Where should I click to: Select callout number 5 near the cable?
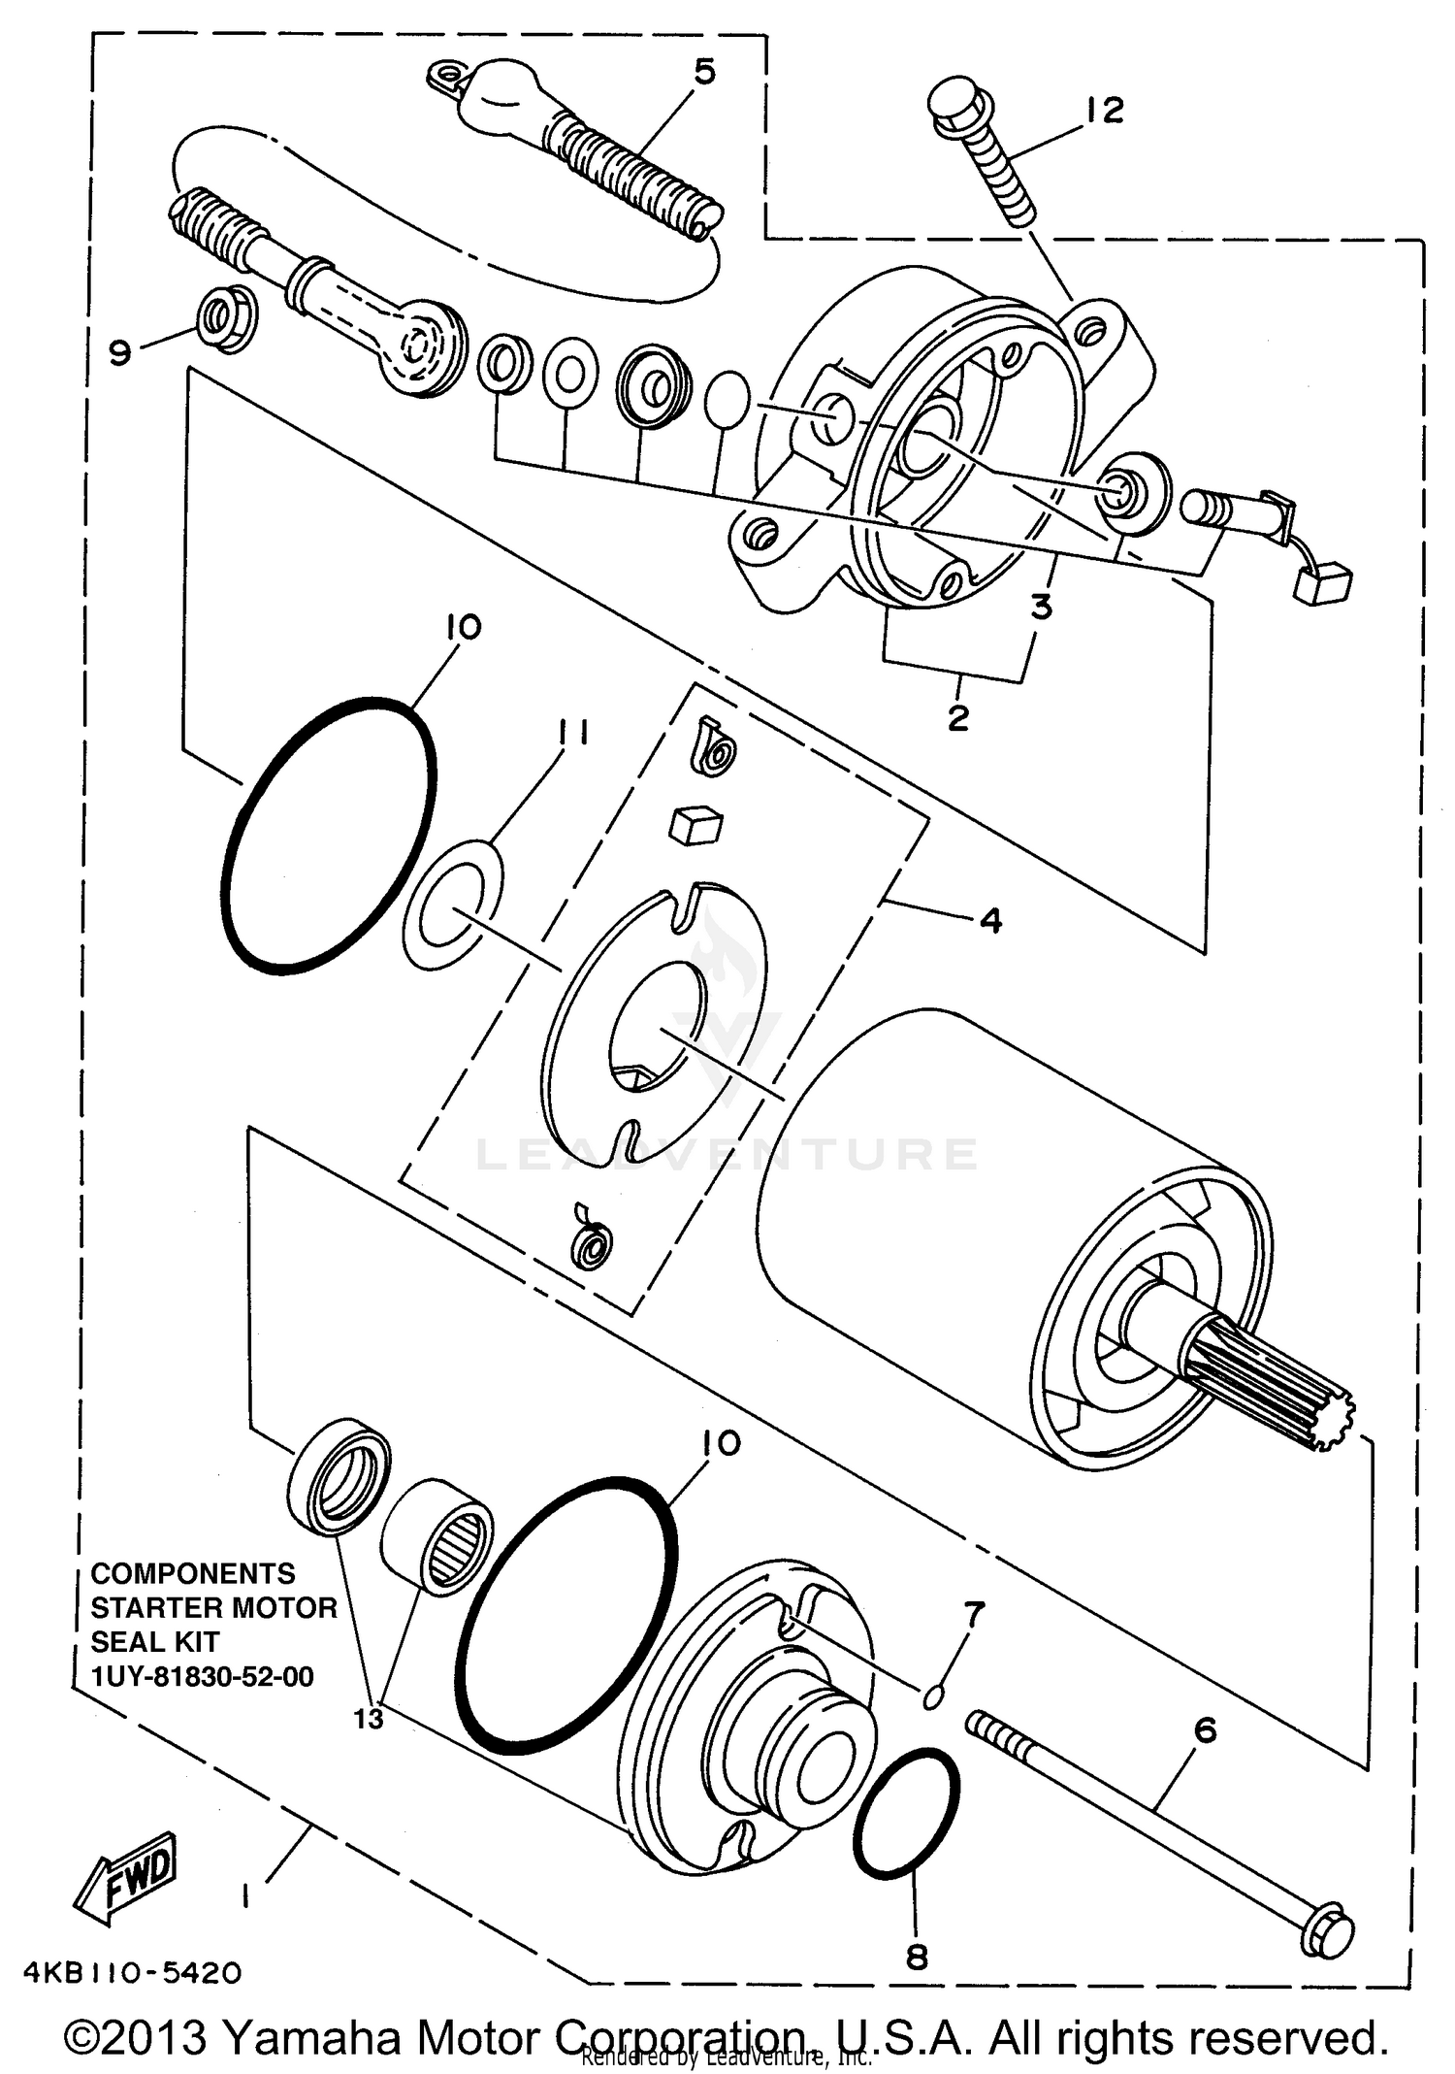point(704,72)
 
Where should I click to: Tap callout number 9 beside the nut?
point(119,352)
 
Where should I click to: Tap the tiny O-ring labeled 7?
point(932,1696)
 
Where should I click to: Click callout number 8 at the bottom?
point(917,1957)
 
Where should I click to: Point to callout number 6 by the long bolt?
point(1205,1729)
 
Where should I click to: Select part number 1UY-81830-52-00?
point(202,1677)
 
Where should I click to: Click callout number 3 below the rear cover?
point(1041,607)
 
